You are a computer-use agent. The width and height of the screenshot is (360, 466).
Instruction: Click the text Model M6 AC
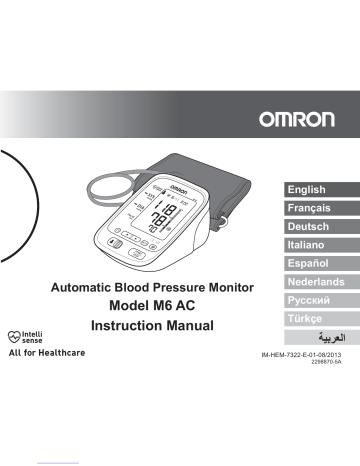coord(149,306)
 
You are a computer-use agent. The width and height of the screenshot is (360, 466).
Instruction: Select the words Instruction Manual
coord(149,327)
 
